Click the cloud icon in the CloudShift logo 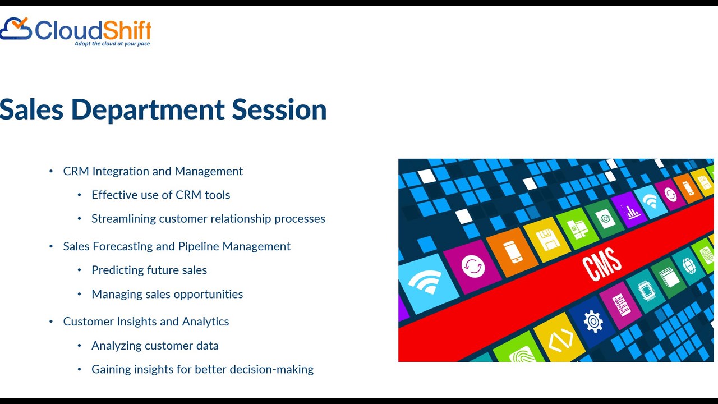point(16,29)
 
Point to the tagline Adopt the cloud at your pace point(112,44)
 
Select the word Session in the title point(279,109)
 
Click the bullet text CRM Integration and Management point(153,171)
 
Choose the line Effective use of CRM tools point(161,195)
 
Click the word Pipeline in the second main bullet point(199,246)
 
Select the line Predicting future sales point(149,270)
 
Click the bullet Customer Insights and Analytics point(146,322)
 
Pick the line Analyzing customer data point(155,346)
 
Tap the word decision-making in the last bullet point(272,369)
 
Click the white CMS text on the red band point(602,264)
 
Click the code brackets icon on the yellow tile point(560,339)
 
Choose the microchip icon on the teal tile point(646,291)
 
